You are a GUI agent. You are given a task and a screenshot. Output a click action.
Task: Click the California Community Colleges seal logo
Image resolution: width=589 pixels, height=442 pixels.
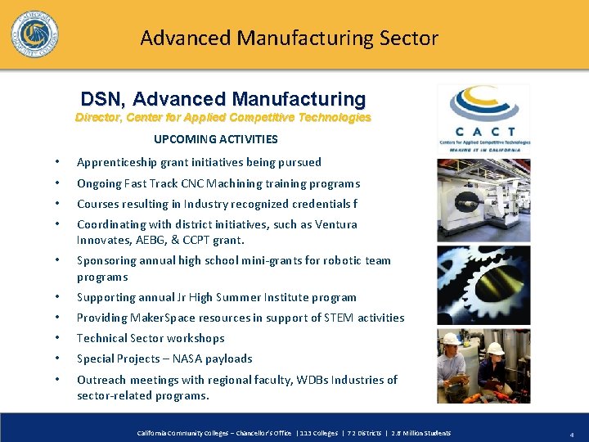click(34, 35)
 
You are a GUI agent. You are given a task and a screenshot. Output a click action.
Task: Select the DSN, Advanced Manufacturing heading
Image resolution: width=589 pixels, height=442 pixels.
click(223, 99)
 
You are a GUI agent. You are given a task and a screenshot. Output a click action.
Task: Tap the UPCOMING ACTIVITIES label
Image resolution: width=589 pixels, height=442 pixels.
click(216, 139)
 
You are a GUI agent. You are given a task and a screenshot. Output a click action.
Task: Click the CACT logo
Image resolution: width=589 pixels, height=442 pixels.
click(483, 120)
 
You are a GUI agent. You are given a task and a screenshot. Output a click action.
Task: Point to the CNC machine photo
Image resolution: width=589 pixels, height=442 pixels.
click(483, 201)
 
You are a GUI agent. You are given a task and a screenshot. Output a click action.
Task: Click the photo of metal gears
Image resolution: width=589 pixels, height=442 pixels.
click(483, 285)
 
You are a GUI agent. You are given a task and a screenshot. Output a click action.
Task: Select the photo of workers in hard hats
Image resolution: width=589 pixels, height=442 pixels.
click(483, 366)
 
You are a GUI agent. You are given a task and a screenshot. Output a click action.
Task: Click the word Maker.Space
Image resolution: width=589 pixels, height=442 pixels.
click(156, 318)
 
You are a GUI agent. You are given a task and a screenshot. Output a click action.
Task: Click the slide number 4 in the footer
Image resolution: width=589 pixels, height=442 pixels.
click(571, 433)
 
